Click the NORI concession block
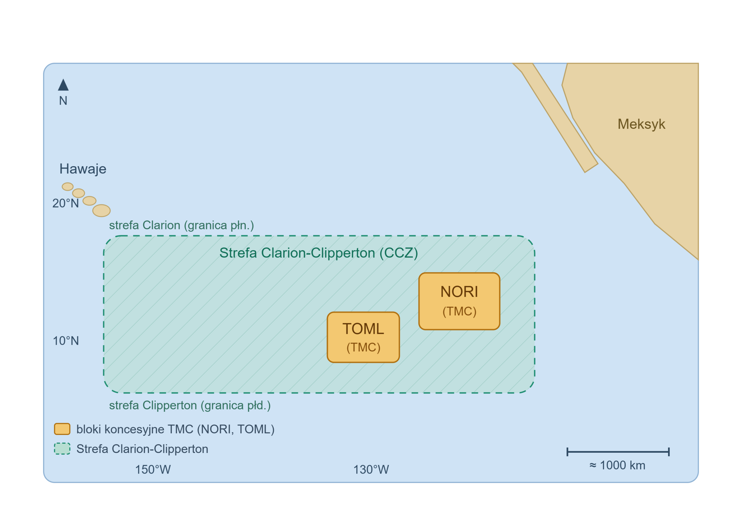point(459,301)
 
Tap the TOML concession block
point(363,337)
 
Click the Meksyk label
point(641,124)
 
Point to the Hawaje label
point(83,169)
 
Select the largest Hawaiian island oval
point(101,211)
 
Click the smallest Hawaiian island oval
point(68,186)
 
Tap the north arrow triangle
point(63,85)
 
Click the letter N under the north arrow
point(63,101)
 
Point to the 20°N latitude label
point(66,203)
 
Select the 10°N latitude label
point(66,341)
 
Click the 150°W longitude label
point(153,470)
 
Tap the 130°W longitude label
point(371,470)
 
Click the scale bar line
point(618,452)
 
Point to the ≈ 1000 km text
point(617,465)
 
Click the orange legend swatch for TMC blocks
point(62,429)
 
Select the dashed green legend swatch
point(62,448)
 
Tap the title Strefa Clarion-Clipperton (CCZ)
point(319,253)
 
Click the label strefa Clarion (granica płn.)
point(181,225)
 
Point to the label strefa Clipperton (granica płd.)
point(190,405)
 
